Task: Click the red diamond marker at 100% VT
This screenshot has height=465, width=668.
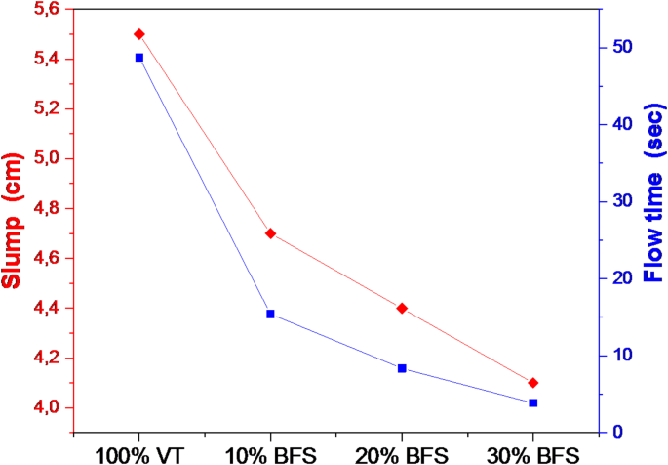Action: click(138, 34)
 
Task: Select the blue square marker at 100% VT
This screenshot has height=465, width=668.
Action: click(138, 58)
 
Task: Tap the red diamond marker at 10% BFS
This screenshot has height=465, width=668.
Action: click(270, 233)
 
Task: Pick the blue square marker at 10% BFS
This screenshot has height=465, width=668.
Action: click(270, 314)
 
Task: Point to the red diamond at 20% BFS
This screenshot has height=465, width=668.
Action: click(402, 308)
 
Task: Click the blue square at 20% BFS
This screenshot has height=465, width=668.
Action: click(402, 368)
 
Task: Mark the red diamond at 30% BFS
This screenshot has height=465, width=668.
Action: click(532, 383)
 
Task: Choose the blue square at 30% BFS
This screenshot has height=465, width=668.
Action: click(532, 402)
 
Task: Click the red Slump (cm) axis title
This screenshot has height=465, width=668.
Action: click(14, 223)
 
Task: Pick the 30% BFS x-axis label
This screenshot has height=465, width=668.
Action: click(532, 454)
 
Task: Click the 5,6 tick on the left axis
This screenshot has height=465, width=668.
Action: click(47, 10)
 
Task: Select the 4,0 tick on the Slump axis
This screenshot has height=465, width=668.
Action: click(47, 407)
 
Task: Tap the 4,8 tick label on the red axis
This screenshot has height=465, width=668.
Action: click(47, 208)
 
